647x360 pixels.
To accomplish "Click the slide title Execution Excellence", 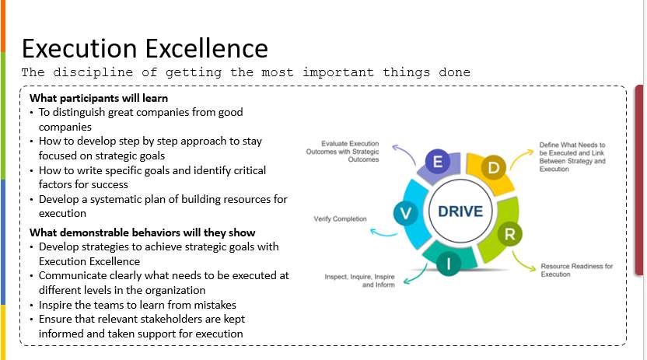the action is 145,48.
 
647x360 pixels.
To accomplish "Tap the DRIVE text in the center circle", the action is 460,211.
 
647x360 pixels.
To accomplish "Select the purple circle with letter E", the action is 437,161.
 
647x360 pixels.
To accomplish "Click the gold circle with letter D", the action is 494,167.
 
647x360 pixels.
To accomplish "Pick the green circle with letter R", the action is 509,234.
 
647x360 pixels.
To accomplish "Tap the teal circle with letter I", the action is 448,264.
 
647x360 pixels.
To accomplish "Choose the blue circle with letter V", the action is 406,213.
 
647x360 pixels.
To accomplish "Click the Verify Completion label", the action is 340,219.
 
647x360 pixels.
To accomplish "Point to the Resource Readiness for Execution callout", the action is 576,270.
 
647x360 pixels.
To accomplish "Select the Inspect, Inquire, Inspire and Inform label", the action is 359,281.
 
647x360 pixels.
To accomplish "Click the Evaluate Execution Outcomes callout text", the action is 342,152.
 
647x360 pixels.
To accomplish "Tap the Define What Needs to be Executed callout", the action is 572,157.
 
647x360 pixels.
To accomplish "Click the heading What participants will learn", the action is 99,98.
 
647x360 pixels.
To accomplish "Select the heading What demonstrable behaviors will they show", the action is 142,232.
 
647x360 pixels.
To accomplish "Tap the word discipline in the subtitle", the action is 93,72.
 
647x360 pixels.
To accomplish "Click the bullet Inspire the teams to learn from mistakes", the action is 138,305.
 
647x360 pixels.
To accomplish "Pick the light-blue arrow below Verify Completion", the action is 383,233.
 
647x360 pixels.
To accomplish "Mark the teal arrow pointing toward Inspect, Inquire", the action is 418,274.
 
